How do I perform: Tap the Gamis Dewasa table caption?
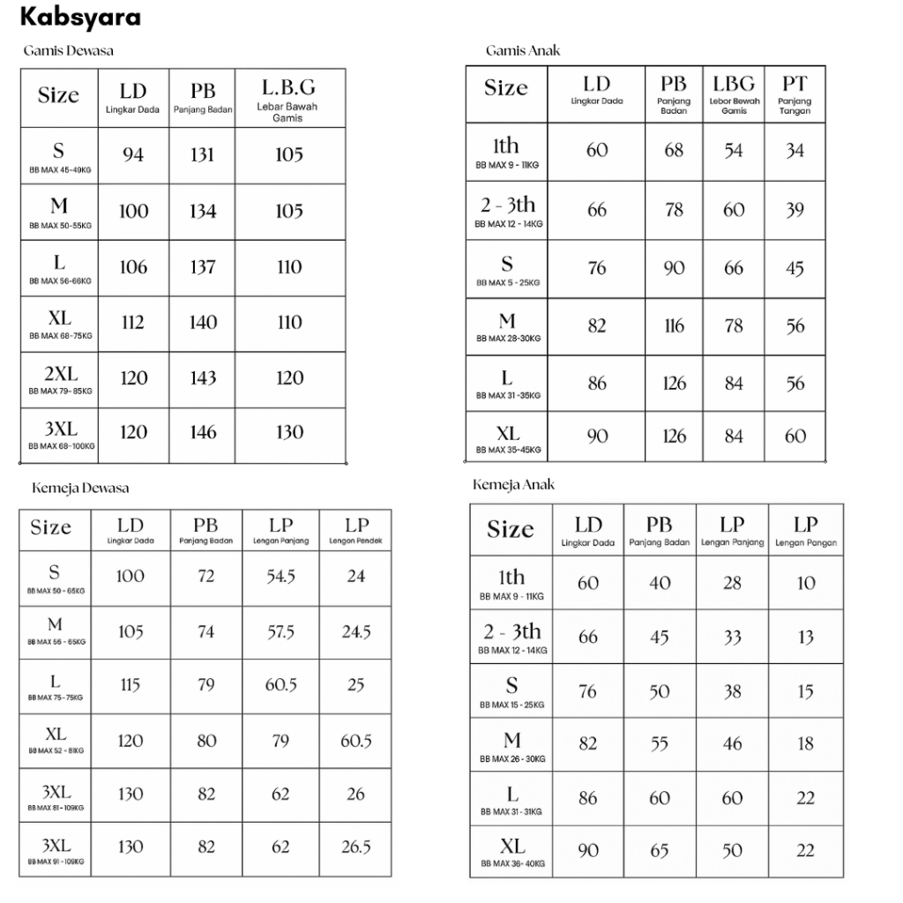[x=68, y=50]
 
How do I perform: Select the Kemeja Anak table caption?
[x=513, y=485]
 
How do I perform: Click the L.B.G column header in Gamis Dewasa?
[x=288, y=88]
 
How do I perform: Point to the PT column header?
[x=795, y=84]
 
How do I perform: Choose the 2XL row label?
[x=61, y=373]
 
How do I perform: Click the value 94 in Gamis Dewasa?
[x=133, y=155]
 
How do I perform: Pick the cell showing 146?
[x=203, y=432]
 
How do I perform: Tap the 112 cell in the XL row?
[x=133, y=323]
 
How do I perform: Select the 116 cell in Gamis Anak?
[x=674, y=326]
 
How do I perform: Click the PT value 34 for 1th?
[x=795, y=151]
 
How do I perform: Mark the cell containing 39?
[x=795, y=210]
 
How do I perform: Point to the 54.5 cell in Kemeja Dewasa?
[x=280, y=576]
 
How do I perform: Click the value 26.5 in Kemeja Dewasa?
[x=355, y=847]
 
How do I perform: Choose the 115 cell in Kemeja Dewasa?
[x=131, y=685]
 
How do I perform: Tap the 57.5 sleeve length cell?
[x=280, y=632]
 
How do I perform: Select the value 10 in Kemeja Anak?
[x=806, y=583]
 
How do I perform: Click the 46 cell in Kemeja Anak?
[x=732, y=743]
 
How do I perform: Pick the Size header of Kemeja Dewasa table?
[x=51, y=527]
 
